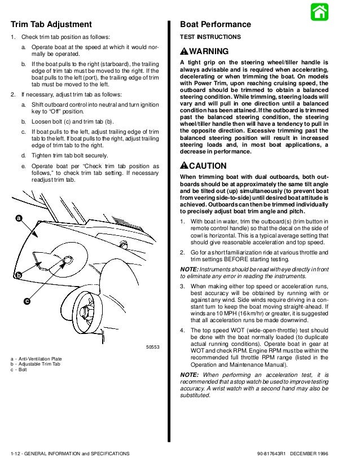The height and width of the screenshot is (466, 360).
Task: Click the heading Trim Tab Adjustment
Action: (51, 24)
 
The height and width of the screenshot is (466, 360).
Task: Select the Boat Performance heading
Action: (215, 24)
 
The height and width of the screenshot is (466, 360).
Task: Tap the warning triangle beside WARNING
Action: (184, 51)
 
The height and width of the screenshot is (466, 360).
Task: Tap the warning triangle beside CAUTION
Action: (184, 166)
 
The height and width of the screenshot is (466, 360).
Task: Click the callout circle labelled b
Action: (19, 275)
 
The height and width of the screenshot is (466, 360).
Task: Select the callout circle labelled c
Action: (27, 301)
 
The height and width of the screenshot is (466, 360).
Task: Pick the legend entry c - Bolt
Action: (19, 370)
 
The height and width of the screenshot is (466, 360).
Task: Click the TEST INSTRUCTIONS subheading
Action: (209, 37)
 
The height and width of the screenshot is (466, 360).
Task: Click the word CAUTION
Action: (208, 166)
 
